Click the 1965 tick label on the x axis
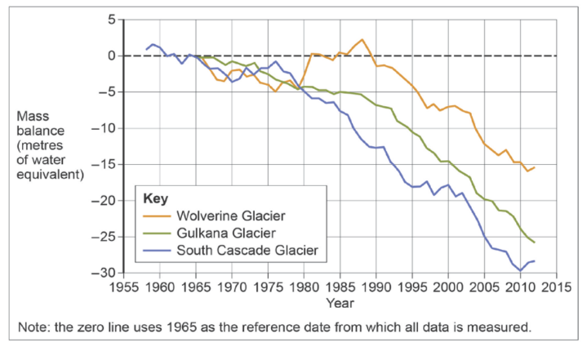(x=196, y=287)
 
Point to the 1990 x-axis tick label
(x=376, y=287)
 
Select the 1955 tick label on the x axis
(x=123, y=287)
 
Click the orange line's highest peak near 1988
(x=362, y=39)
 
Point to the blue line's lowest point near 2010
(x=520, y=270)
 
